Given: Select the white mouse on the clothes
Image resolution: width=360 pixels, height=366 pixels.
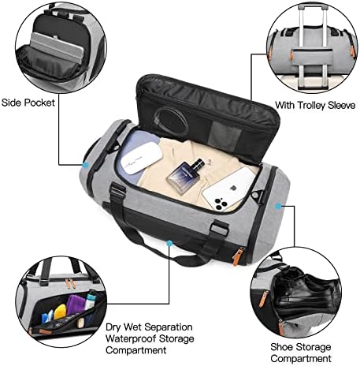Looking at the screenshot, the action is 141,158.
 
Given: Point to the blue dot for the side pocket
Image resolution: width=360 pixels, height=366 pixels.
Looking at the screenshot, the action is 85,165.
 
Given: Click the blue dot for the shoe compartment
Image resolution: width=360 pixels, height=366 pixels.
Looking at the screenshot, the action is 279,207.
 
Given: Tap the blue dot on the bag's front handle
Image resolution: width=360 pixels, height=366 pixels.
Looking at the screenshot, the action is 169,243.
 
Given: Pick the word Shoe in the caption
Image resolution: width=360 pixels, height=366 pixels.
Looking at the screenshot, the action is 281,347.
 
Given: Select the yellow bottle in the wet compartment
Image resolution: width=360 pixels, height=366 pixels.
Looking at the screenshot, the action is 60,312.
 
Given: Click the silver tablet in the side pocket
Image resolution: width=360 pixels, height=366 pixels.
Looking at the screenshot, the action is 57,47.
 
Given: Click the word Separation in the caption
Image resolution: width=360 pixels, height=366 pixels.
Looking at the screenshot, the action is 168,327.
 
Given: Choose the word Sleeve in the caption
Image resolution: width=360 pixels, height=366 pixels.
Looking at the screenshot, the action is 342,106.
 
